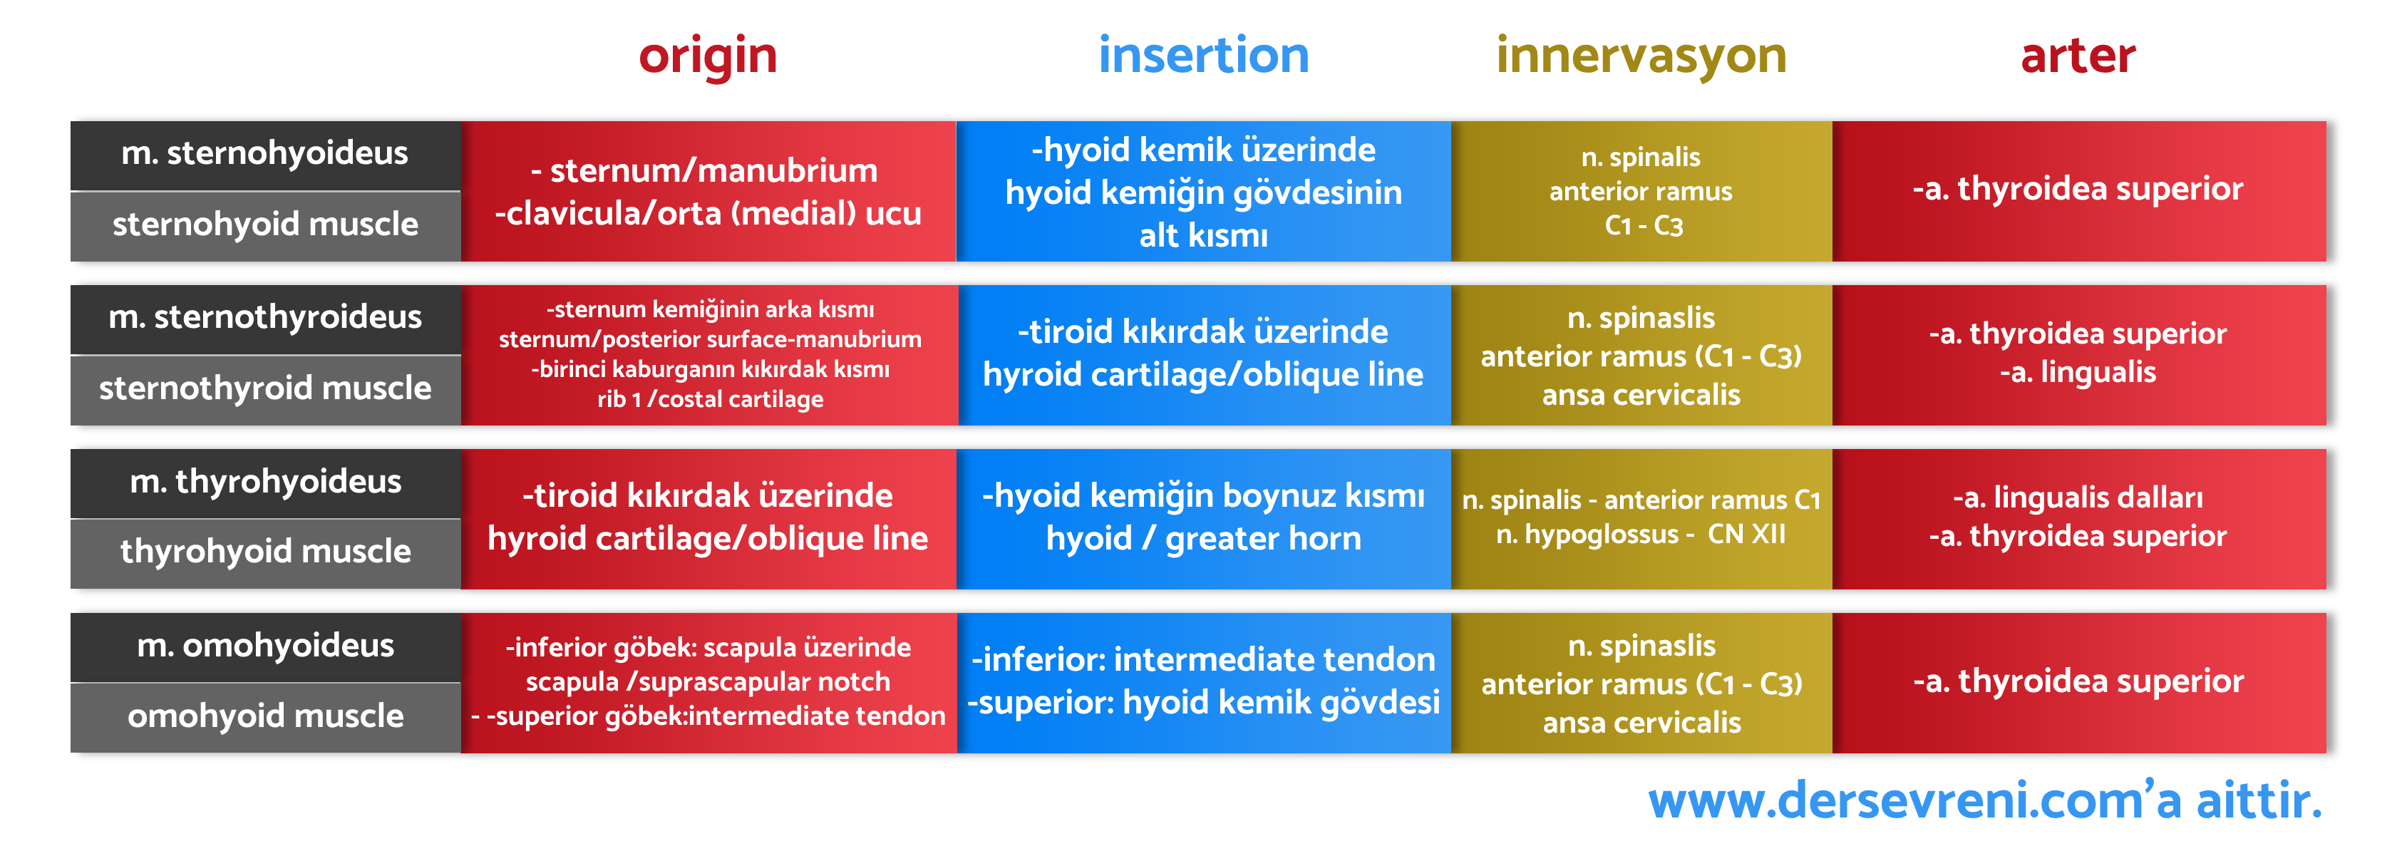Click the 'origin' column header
[707, 56]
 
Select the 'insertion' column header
[1203, 56]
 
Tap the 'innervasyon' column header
[1641, 56]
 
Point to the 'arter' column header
[2077, 56]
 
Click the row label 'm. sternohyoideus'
[265, 153]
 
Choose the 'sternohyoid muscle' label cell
[265, 225]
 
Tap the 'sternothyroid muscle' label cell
[265, 389]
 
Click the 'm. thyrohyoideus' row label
[265, 482]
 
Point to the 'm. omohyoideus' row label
[265, 646]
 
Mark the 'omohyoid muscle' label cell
[265, 717]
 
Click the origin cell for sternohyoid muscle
[708, 192]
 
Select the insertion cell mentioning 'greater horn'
[1203, 518]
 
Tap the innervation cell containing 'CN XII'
[1641, 518]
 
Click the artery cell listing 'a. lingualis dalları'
[2078, 518]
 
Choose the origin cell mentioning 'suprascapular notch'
[708, 682]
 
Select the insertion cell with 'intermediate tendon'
[1203, 682]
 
